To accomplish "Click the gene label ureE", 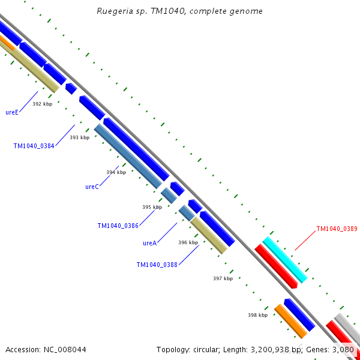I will click(x=12, y=112).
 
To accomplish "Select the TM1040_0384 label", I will click(x=34, y=145).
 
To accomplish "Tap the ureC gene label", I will click(x=92, y=187).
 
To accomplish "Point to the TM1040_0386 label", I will click(x=118, y=226).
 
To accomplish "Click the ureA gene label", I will click(x=149, y=243).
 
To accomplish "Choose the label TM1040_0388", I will click(x=157, y=265).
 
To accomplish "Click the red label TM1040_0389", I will click(x=337, y=229).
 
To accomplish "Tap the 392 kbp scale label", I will click(x=42, y=104).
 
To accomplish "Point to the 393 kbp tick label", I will click(x=79, y=137).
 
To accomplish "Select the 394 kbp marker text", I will click(x=116, y=172).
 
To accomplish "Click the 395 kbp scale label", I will click(x=152, y=207).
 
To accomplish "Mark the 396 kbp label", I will click(x=188, y=242).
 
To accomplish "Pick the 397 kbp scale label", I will click(x=223, y=278).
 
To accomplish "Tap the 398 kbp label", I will click(x=257, y=314).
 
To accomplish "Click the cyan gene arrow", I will click(x=284, y=259).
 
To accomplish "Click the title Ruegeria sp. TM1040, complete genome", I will click(x=179, y=11).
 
